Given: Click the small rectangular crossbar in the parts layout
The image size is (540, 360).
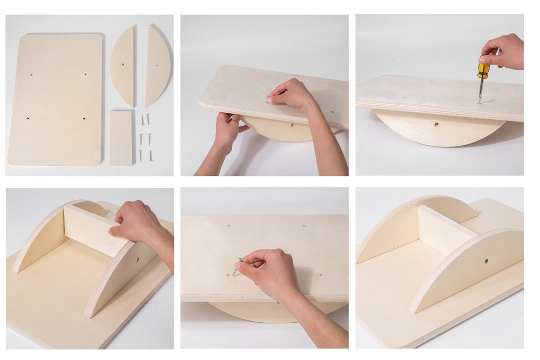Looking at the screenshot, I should click(x=121, y=138).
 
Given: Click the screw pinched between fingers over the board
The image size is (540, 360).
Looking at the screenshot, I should click(x=237, y=267).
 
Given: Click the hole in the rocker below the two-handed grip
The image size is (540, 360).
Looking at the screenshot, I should click(x=292, y=125).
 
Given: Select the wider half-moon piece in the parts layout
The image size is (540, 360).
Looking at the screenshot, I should click(x=123, y=66).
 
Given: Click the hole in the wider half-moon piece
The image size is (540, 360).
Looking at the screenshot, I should click(x=124, y=64).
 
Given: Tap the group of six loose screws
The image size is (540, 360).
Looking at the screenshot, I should click(x=145, y=138).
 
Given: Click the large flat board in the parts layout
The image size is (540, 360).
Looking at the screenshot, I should click(x=55, y=100).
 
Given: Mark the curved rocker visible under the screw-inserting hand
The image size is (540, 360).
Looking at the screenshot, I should click(x=254, y=310).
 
